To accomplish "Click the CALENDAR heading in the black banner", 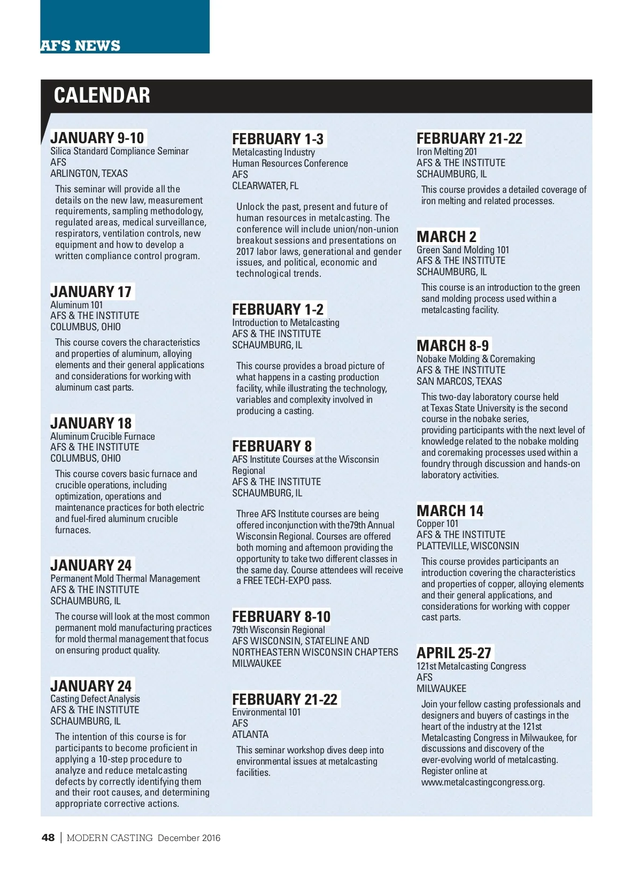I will pyautogui.click(x=102, y=96).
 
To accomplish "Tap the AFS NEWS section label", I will pyautogui.click(x=81, y=46).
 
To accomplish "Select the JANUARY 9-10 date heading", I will pyautogui.click(x=97, y=138).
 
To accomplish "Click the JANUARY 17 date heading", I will pyautogui.click(x=91, y=292).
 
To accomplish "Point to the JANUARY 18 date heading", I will pyautogui.click(x=91, y=423).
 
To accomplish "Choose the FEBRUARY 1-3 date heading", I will pyautogui.click(x=278, y=139).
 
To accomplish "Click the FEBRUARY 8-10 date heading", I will pyautogui.click(x=281, y=617).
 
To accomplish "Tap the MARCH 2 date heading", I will pyautogui.click(x=446, y=237).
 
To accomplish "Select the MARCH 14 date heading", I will pyautogui.click(x=450, y=511).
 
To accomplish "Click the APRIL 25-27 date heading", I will pyautogui.click(x=454, y=653).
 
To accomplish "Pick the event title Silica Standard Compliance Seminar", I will pyautogui.click(x=119, y=151).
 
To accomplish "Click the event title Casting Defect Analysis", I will pyautogui.click(x=95, y=699).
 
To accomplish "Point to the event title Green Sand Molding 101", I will pyautogui.click(x=463, y=250).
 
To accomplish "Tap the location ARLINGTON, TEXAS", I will pyautogui.click(x=89, y=174).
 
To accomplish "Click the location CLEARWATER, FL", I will pyautogui.click(x=265, y=186).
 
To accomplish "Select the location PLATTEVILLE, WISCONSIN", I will pyautogui.click(x=468, y=546).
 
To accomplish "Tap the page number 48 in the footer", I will pyautogui.click(x=48, y=838).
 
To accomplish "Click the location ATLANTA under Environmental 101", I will pyautogui.click(x=250, y=735).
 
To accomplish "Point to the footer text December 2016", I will pyautogui.click(x=189, y=838).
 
